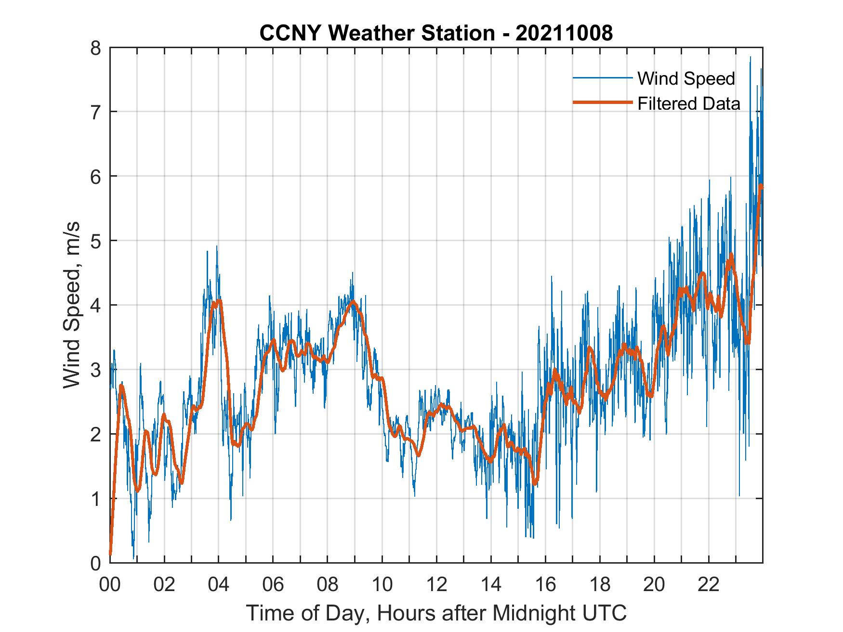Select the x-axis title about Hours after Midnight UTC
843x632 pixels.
[x=436, y=613]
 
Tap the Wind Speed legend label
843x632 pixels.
[x=686, y=78]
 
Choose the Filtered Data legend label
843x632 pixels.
[x=688, y=103]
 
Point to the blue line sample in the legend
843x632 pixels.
[x=602, y=78]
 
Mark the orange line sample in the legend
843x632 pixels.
[x=602, y=103]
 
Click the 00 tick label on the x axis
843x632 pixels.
[x=110, y=585]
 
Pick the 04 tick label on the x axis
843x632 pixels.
[x=218, y=585]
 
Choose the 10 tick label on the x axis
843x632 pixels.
[x=382, y=585]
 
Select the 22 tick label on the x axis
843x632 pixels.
[x=708, y=585]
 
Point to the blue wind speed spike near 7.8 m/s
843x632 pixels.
[x=750, y=58]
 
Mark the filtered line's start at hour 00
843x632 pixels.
[x=110, y=554]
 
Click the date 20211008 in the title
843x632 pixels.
[x=564, y=33]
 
